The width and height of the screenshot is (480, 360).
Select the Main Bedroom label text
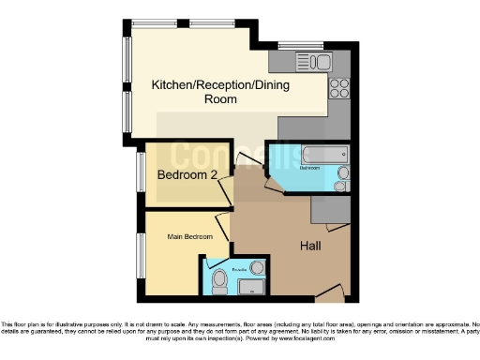click(190, 236)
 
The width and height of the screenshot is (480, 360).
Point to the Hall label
click(312, 246)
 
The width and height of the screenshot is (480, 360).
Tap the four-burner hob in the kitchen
click(339, 88)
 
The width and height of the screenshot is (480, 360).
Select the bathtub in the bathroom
click(322, 153)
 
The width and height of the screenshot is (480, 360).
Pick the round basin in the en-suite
click(257, 268)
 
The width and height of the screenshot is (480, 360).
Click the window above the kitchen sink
click(300, 44)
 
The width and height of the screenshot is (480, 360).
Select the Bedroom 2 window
click(141, 174)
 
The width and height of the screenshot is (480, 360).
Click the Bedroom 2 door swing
click(226, 193)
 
